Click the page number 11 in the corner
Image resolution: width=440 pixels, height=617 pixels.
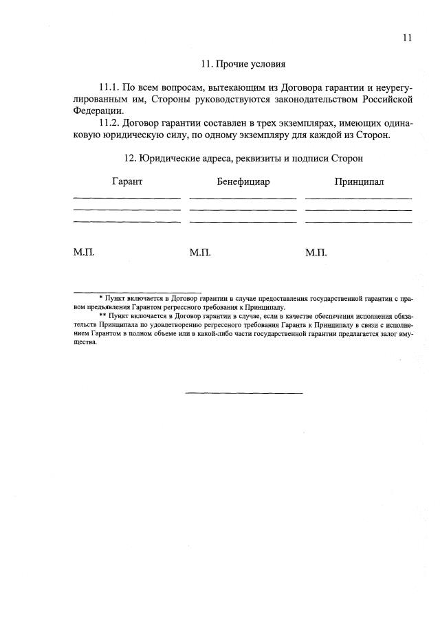[x=407, y=38]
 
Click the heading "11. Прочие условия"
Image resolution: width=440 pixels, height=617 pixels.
[x=243, y=64]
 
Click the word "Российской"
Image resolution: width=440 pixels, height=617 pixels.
[x=387, y=99]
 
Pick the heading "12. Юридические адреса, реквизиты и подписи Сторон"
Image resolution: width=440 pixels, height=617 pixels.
[x=243, y=158]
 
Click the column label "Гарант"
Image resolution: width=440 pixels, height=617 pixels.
[x=126, y=182]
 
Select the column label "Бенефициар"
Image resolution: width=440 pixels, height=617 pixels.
[x=243, y=182]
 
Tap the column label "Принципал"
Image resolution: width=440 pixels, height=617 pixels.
[x=359, y=182]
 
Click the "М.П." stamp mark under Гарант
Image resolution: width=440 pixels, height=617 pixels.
[x=83, y=253]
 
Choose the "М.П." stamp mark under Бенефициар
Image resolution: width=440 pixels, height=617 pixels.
[x=199, y=253]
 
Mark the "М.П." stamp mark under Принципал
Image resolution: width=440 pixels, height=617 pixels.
[x=316, y=253]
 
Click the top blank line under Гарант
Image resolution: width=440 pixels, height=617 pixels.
[x=126, y=199]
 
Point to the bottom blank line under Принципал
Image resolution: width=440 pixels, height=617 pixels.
[x=358, y=222]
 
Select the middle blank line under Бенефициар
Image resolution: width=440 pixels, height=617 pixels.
[x=243, y=210]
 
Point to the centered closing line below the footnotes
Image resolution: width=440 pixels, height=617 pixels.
[x=243, y=393]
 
